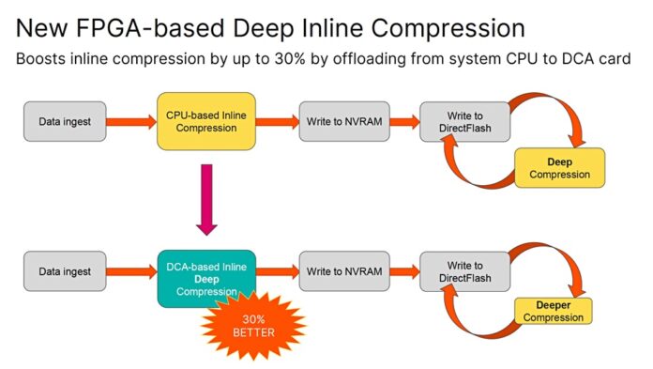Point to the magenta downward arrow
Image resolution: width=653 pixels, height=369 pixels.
point(207,198)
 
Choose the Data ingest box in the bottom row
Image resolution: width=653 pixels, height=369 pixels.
point(65,272)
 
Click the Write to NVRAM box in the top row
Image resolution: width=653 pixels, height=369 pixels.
point(343,122)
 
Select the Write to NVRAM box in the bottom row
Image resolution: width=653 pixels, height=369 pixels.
point(344,272)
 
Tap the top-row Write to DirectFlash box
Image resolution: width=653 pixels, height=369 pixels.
point(465,121)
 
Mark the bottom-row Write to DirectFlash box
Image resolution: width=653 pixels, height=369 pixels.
point(465,272)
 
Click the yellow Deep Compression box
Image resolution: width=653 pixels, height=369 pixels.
point(559,168)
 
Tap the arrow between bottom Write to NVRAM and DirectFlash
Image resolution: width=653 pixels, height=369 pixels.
point(404,272)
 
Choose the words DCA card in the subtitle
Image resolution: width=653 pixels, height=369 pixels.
point(597,58)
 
